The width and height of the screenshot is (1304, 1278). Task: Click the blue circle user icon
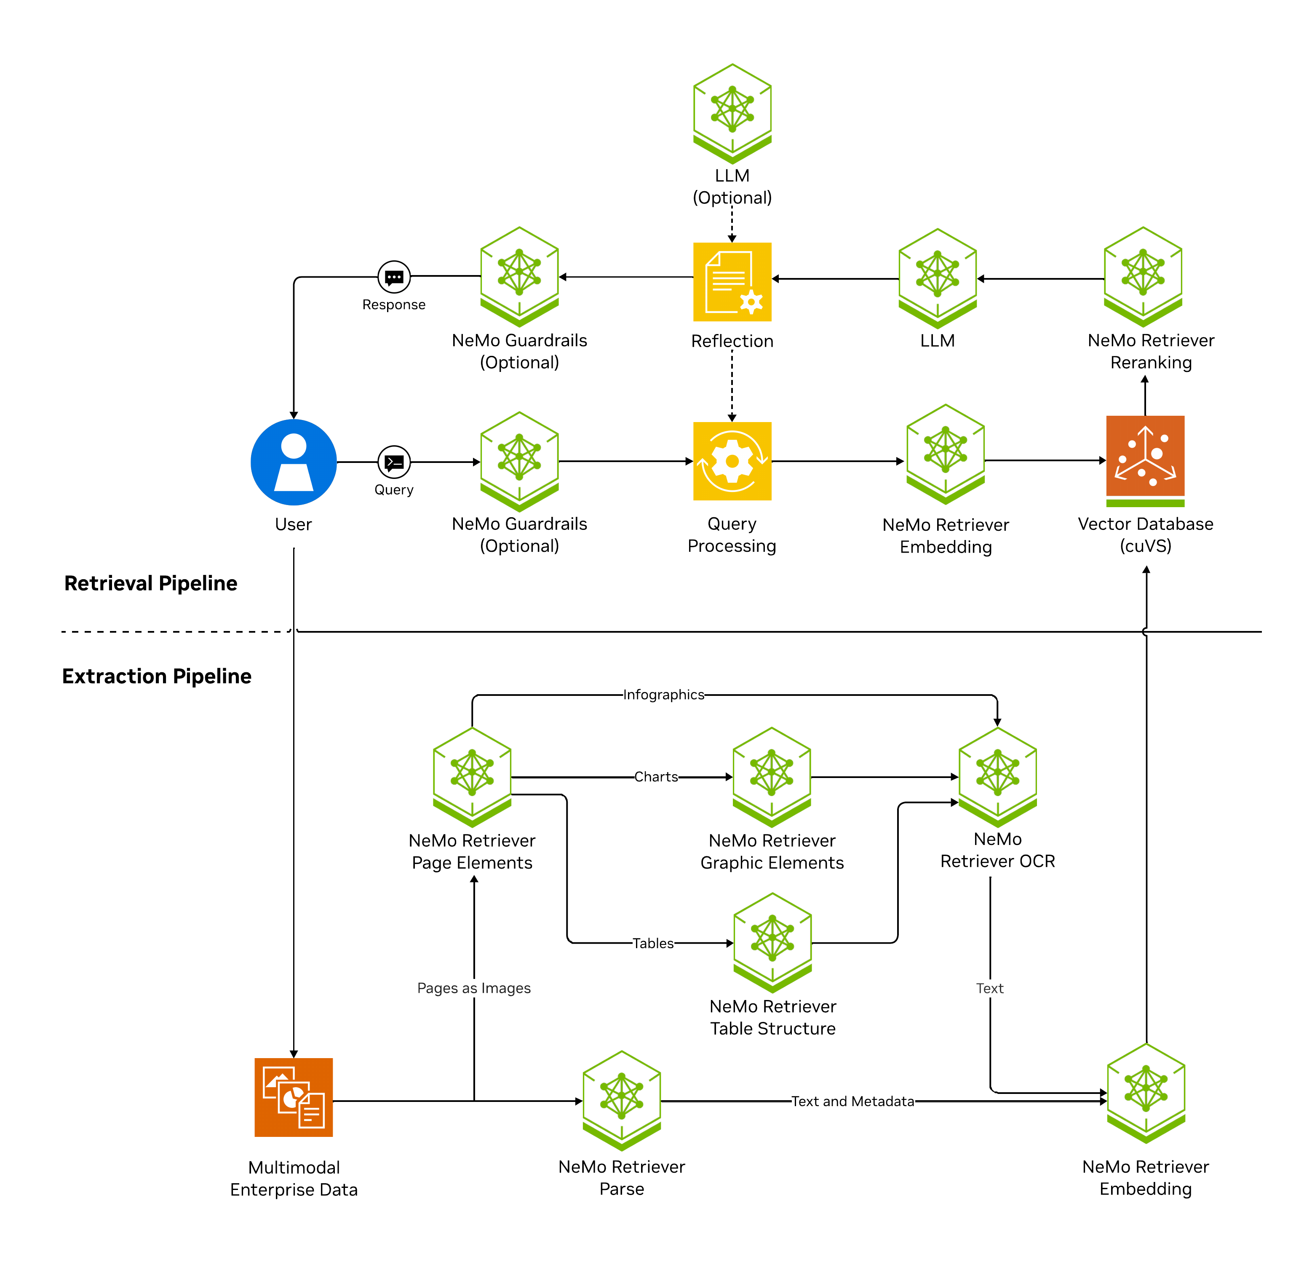(293, 462)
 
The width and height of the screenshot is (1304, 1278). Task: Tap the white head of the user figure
(293, 446)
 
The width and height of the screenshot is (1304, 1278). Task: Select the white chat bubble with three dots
(394, 277)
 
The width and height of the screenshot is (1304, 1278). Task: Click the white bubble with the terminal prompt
(394, 462)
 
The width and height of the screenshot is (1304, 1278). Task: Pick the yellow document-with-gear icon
(732, 281)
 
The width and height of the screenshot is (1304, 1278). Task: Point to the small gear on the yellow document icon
(751, 302)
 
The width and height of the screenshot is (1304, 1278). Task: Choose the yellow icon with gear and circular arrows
(732, 461)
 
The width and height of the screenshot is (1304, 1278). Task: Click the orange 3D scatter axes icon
(1144, 456)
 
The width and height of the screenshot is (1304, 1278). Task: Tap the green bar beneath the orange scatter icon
(1144, 503)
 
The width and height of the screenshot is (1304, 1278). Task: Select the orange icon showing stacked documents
(293, 1097)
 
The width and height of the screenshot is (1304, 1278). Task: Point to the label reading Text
(989, 988)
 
